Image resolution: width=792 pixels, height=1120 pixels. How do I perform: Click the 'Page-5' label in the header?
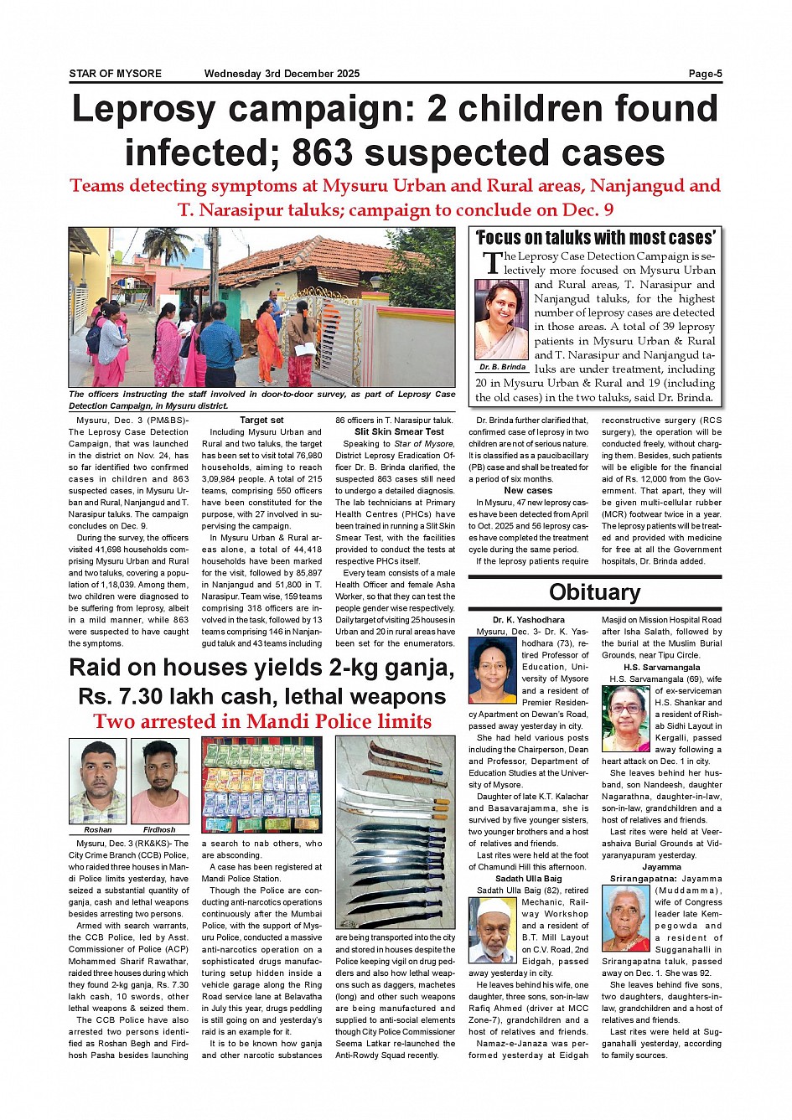point(705,74)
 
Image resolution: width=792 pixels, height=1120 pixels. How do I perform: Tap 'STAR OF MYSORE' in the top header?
point(115,74)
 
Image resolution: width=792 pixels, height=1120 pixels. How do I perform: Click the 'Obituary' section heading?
point(594,592)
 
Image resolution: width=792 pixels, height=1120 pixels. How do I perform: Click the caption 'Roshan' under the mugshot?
point(98,829)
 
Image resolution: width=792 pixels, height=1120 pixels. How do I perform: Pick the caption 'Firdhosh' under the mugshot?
point(159,829)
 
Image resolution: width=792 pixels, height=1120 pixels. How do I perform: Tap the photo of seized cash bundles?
point(261,785)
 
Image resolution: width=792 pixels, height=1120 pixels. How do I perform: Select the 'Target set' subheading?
point(261,421)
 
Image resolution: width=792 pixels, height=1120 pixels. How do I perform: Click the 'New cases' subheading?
point(528,491)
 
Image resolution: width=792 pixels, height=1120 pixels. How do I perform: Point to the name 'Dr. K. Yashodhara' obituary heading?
point(528,620)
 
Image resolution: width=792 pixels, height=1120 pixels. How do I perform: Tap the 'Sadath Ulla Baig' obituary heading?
point(528,879)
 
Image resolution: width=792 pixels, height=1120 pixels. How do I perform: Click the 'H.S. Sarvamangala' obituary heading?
point(661,668)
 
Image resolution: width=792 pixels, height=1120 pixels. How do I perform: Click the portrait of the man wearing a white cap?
point(493,930)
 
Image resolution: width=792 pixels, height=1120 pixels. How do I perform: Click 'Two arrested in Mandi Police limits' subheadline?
point(262,721)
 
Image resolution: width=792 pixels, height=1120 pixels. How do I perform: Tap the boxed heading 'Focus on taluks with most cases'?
point(595,238)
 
